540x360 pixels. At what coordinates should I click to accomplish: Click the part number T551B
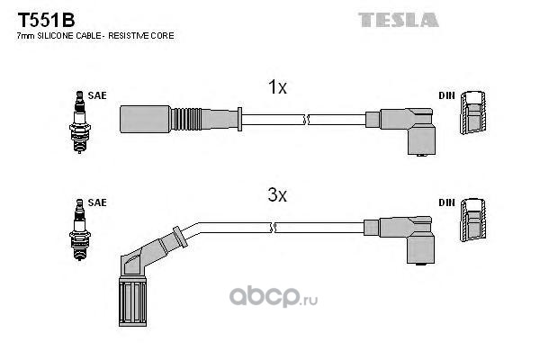pyautogui.click(x=37, y=19)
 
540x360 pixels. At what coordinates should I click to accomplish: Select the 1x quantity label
pyautogui.click(x=277, y=87)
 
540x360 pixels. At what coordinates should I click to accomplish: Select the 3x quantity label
pyautogui.click(x=277, y=193)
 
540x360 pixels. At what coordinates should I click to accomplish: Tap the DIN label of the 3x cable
pyautogui.click(x=447, y=202)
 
